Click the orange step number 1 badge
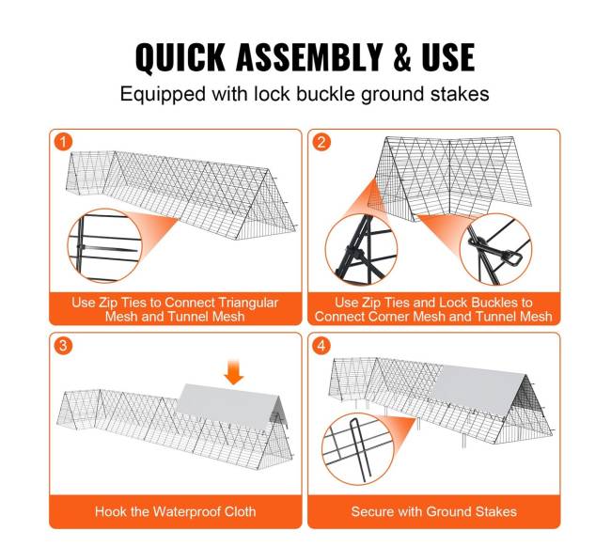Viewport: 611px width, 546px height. point(63,142)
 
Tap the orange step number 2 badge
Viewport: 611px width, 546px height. point(321,142)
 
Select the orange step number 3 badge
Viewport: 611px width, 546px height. point(63,345)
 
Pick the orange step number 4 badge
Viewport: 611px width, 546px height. point(321,345)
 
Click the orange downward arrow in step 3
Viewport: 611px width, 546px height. point(234,372)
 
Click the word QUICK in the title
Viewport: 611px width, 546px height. point(180,57)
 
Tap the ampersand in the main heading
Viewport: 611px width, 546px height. point(402,57)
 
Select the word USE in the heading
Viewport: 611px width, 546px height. point(448,57)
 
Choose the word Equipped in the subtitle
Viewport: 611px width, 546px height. point(163,95)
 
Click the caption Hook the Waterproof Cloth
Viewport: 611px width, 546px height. point(176,511)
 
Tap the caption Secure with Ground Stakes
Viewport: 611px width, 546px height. point(433,511)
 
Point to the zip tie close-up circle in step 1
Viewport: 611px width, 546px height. point(104,247)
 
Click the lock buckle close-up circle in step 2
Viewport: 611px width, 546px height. point(495,249)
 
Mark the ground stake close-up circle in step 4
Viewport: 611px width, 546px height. point(358,449)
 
